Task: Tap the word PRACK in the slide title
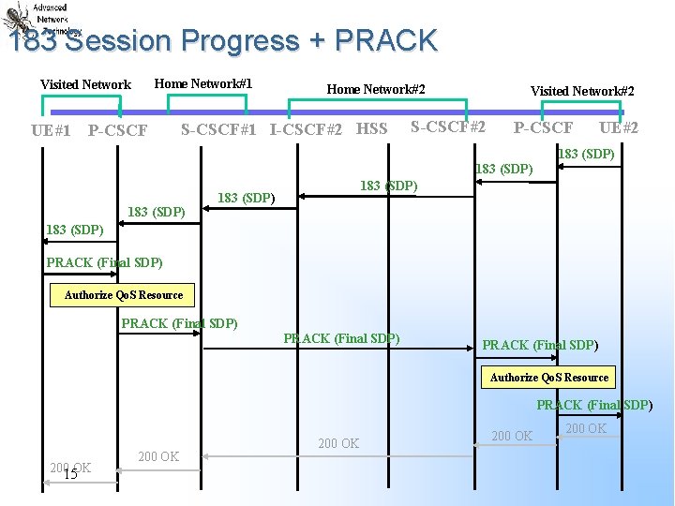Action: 385,41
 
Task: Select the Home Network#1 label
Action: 202,83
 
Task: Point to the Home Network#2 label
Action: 376,89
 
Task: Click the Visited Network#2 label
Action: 582,91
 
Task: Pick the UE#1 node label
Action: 51,130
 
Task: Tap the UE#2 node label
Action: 619,127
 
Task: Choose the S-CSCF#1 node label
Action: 218,129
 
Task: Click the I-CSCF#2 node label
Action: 306,129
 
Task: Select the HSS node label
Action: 371,128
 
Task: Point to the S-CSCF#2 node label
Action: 448,126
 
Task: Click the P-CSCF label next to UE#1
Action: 117,130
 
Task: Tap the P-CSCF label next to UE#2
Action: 543,127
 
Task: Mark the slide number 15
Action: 69,474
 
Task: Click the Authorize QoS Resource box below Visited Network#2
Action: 549,377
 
